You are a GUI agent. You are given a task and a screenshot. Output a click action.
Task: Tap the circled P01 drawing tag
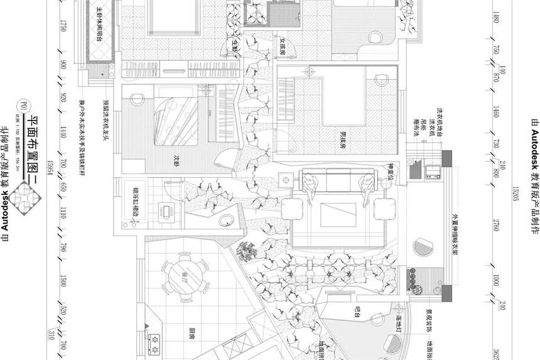[23, 106]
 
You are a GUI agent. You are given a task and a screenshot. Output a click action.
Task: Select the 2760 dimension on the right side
[496, 226]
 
